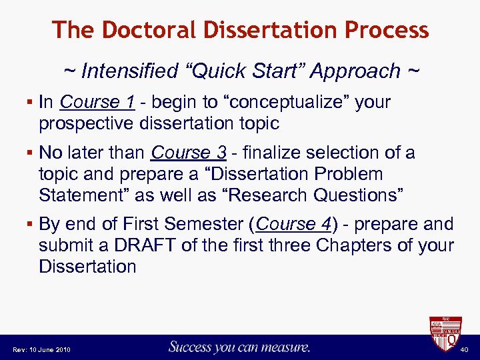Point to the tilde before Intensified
pyautogui.click(x=69, y=70)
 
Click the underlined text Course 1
pyautogui.click(x=97, y=102)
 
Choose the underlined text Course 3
pyautogui.click(x=189, y=153)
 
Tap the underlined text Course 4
pyautogui.click(x=293, y=223)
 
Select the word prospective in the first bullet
pyautogui.click(x=81, y=123)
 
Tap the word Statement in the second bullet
pyautogui.click(x=79, y=195)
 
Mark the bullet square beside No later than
pyautogui.click(x=31, y=153)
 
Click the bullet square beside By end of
pyautogui.click(x=31, y=224)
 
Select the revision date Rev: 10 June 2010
pyautogui.click(x=41, y=349)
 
